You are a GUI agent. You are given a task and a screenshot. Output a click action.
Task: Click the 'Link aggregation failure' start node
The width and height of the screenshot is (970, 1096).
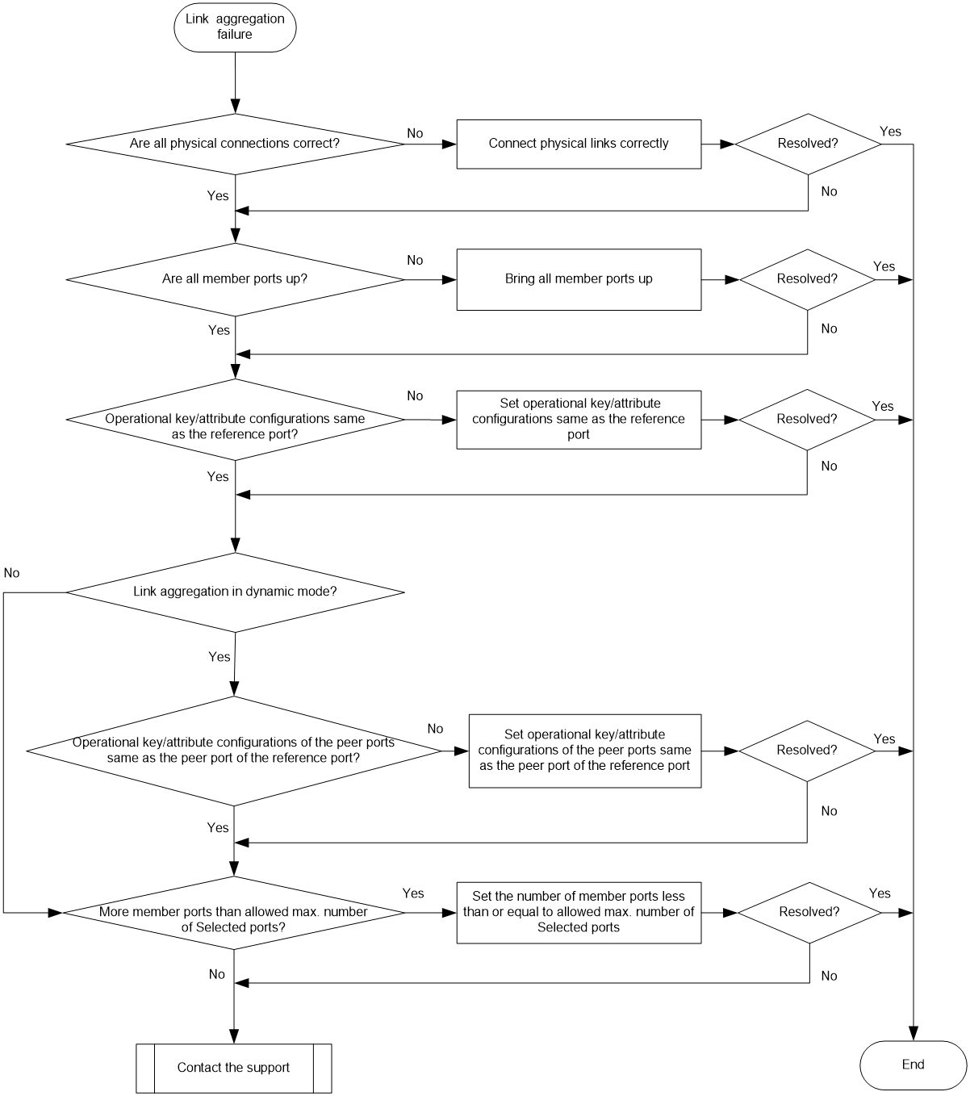[x=235, y=27]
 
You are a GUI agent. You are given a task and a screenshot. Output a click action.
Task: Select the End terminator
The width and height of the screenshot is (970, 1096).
[x=913, y=1065]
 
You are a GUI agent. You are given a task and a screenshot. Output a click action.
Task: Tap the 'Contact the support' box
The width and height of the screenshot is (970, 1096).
[x=234, y=1068]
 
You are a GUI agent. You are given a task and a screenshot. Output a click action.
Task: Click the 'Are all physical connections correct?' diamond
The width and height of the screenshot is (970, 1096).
[x=236, y=144]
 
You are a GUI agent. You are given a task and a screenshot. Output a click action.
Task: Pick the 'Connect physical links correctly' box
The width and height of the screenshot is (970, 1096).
[x=579, y=144]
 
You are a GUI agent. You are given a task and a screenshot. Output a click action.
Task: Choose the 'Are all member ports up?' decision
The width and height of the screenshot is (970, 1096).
[x=236, y=280]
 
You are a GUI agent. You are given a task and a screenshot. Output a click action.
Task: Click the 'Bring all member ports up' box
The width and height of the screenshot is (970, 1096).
[x=579, y=280]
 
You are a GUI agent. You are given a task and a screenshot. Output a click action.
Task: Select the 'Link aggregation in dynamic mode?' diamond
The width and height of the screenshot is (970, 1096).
[x=236, y=592]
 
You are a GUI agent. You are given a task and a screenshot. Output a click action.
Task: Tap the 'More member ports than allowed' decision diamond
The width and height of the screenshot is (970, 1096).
[x=234, y=913]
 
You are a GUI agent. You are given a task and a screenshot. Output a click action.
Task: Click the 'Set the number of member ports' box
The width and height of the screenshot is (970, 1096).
[x=579, y=913]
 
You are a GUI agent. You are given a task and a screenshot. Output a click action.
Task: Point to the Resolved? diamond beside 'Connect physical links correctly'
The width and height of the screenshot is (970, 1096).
[x=808, y=144]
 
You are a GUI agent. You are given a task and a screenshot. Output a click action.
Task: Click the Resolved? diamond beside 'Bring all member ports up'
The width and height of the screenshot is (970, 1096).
[x=807, y=280]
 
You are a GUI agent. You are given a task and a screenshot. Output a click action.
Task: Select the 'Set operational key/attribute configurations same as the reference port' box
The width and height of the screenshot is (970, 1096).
[x=579, y=420]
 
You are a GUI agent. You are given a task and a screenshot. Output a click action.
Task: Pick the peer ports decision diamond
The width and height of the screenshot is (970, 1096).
[x=234, y=751]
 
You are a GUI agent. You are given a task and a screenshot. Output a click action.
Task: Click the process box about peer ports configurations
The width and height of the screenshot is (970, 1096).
[x=585, y=751]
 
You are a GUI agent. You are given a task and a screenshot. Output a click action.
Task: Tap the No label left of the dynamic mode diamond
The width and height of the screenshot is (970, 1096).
[x=11, y=573]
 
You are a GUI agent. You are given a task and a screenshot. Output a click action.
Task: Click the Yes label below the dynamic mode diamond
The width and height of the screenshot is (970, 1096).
[x=220, y=657]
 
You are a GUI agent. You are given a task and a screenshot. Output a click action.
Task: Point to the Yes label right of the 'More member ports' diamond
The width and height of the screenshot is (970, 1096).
[x=413, y=893]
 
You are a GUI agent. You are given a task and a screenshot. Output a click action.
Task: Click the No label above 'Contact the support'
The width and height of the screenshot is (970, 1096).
[x=216, y=974]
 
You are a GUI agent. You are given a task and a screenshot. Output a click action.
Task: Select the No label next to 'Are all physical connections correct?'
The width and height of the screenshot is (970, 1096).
[x=415, y=133]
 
